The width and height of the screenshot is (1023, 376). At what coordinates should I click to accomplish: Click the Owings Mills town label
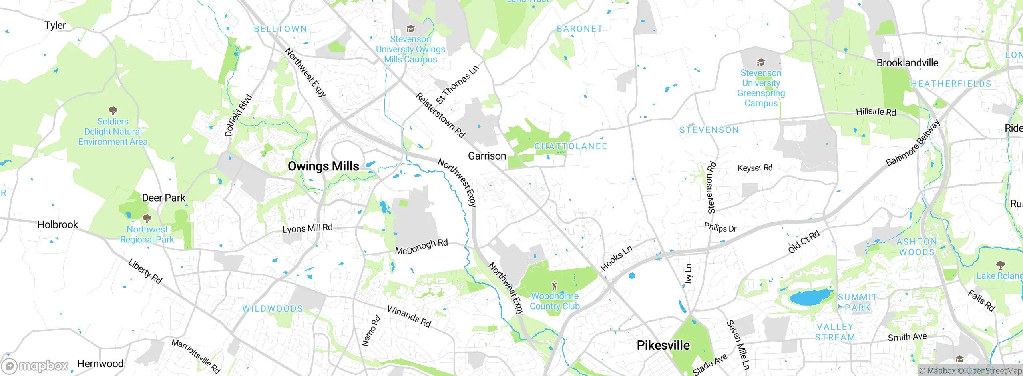pos(323,166)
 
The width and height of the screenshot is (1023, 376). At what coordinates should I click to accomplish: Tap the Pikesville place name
pos(663,345)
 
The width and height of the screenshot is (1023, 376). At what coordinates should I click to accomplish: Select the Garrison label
pos(487,156)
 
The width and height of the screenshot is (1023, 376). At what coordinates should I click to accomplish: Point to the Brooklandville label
pos(907,63)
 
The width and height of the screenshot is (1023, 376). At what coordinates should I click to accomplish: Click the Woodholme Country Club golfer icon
pos(554,286)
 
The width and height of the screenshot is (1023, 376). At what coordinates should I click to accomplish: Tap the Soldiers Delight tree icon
pos(113,110)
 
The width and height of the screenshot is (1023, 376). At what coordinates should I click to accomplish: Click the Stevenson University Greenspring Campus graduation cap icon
pos(761,62)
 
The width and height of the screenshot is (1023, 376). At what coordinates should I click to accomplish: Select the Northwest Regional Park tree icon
pos(147,218)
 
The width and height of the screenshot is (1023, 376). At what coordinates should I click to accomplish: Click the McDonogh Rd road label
pos(421,246)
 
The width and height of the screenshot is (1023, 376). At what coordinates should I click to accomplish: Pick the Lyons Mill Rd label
pos(307,228)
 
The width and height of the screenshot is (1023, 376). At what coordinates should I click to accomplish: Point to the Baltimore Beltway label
pos(913,143)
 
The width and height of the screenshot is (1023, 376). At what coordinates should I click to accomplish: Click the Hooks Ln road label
pos(617,258)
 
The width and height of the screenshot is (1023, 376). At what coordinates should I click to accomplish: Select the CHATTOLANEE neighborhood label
pos(571,146)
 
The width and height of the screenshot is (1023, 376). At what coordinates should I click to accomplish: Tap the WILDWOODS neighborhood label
pos(273,309)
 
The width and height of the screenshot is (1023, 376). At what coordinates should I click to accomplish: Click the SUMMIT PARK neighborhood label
pos(858,302)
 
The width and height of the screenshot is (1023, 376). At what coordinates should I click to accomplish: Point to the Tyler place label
pos(55,25)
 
